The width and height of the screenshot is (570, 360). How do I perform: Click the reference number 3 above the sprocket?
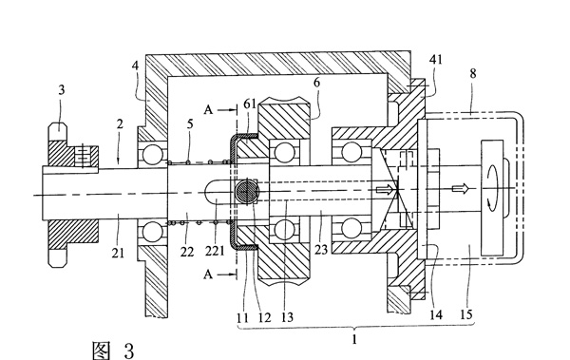62,90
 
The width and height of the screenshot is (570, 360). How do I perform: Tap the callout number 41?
436,59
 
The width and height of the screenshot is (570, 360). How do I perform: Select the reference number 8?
472,73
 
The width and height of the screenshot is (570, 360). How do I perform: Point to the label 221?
215,251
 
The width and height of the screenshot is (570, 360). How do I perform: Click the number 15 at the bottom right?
466,314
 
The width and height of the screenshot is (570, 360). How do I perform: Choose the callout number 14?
436,314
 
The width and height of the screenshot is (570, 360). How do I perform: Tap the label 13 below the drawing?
287,317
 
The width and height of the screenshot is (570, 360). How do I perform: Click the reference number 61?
250,104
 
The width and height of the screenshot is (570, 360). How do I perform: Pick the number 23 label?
321,250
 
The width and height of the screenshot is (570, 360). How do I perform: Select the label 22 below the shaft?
187,252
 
